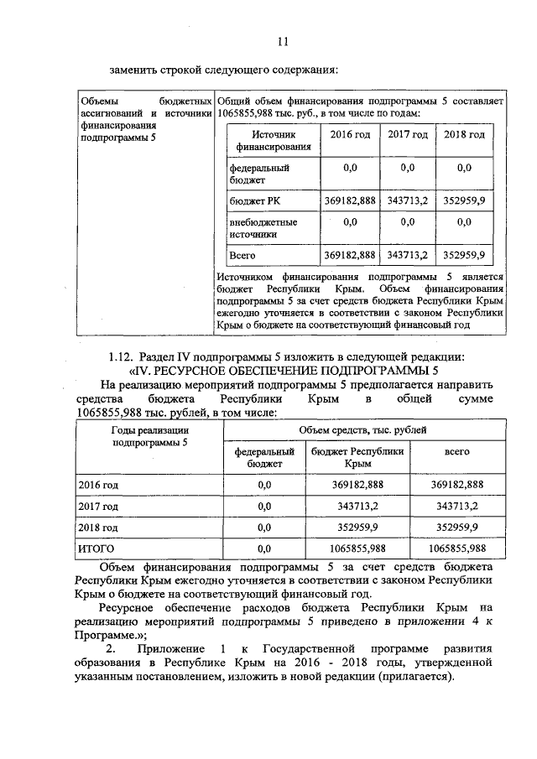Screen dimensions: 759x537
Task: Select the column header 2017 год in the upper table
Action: point(408,135)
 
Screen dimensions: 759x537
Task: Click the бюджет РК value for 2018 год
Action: point(469,201)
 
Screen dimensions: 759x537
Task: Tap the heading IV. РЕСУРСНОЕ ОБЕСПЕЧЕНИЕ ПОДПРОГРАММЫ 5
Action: point(284,370)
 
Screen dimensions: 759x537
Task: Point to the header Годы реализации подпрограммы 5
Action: point(150,436)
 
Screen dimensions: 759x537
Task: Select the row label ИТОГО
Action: point(96,548)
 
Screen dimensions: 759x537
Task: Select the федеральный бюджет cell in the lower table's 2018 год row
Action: point(264,528)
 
